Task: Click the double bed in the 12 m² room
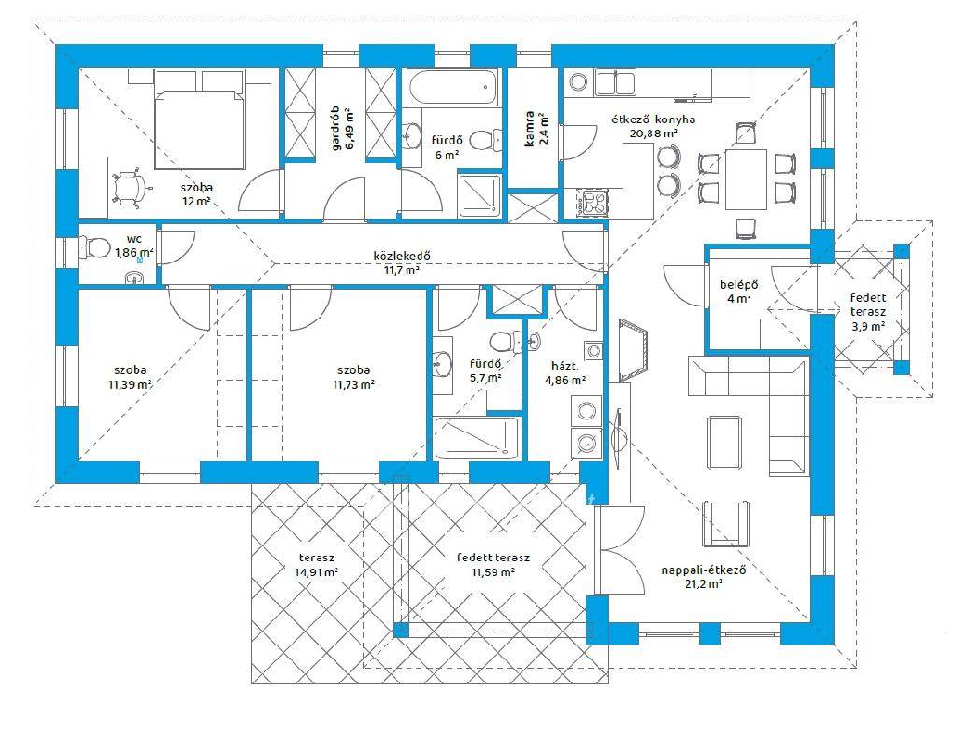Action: click(x=200, y=129)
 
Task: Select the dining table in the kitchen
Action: click(x=746, y=179)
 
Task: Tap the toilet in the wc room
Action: click(x=92, y=248)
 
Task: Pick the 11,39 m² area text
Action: click(x=130, y=385)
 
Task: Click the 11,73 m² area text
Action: click(x=353, y=385)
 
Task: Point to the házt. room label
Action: click(x=565, y=366)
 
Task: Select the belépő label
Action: click(x=738, y=284)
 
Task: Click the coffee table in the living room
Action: click(x=725, y=443)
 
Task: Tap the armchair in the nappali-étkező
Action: click(x=725, y=523)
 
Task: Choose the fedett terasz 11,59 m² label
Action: click(x=493, y=565)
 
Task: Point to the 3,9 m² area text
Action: click(x=868, y=326)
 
